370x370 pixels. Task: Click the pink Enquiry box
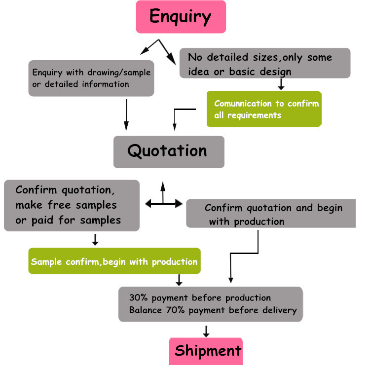point(181,17)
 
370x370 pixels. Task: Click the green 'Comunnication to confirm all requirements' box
point(264,109)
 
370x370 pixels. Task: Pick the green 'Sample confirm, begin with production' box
point(114,261)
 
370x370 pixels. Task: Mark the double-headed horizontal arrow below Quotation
point(164,203)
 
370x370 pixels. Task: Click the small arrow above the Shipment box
point(206,331)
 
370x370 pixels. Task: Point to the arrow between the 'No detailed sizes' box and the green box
point(281,84)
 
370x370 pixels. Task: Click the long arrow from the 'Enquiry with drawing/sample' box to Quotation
point(126,114)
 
